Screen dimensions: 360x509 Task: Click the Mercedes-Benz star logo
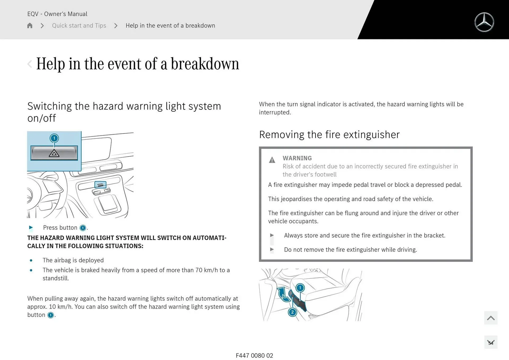tap(484, 22)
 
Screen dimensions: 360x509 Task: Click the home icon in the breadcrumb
tap(30, 25)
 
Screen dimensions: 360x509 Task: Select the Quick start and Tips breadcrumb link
tap(79, 25)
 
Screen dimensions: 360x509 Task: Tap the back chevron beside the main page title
tap(30, 64)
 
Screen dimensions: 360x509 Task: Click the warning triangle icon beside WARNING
tap(272, 160)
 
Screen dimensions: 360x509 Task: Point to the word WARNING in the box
tap(297, 158)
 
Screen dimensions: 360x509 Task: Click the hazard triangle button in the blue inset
tap(54, 153)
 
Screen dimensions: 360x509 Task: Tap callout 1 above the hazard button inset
tap(54, 138)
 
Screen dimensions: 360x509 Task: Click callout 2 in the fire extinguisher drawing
tap(292, 312)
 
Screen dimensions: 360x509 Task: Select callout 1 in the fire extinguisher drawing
tap(300, 288)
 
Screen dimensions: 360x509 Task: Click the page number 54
tap(491, 343)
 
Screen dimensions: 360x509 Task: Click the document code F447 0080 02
tap(254, 355)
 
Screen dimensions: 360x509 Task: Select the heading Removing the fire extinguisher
tap(329, 135)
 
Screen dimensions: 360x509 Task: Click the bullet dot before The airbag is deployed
tap(31, 260)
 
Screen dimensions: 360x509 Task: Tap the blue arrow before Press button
tap(31, 227)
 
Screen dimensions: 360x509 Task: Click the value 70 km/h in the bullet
tap(206, 270)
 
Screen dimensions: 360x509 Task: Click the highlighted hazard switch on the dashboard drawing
tap(100, 185)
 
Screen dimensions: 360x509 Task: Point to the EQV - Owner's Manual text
tap(57, 14)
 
